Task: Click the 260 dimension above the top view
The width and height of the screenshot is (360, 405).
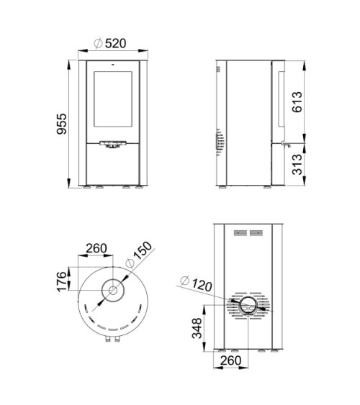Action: tap(96, 248)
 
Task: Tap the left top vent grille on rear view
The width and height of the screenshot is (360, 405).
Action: tap(238, 232)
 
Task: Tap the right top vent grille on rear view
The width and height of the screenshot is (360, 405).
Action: tap(258, 232)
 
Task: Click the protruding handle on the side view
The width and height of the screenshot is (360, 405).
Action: tap(287, 146)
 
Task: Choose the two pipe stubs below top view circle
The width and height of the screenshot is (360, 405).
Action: tap(112, 340)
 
